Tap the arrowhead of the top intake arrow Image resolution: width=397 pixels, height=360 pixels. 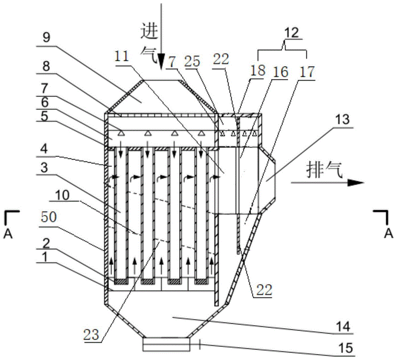click(161, 64)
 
